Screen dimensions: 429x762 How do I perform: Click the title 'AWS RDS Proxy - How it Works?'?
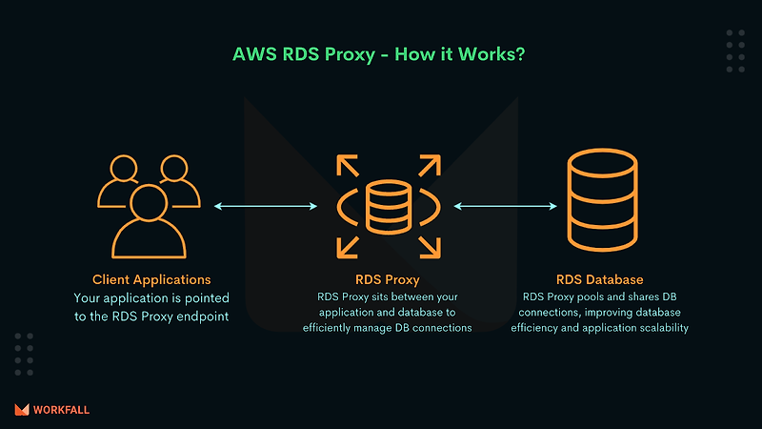379,53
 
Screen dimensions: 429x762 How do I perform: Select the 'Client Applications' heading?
151,280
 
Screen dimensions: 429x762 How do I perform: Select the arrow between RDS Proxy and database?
505,205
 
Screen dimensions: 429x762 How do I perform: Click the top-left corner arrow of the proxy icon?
346,163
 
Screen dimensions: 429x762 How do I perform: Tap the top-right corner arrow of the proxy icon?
428,163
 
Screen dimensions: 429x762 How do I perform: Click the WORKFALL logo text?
61,410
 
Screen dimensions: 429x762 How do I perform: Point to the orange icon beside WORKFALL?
22,410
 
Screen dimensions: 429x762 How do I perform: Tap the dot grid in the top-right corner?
735,50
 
